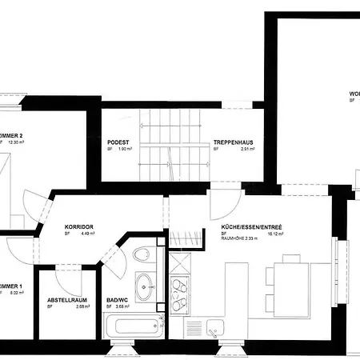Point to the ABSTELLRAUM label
pos(66,299)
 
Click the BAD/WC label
pos(118,299)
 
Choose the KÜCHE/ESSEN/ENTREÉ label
pos(251,228)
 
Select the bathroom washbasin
pos(145,284)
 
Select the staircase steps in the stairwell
pos(172,149)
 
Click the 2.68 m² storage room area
pos(81,306)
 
